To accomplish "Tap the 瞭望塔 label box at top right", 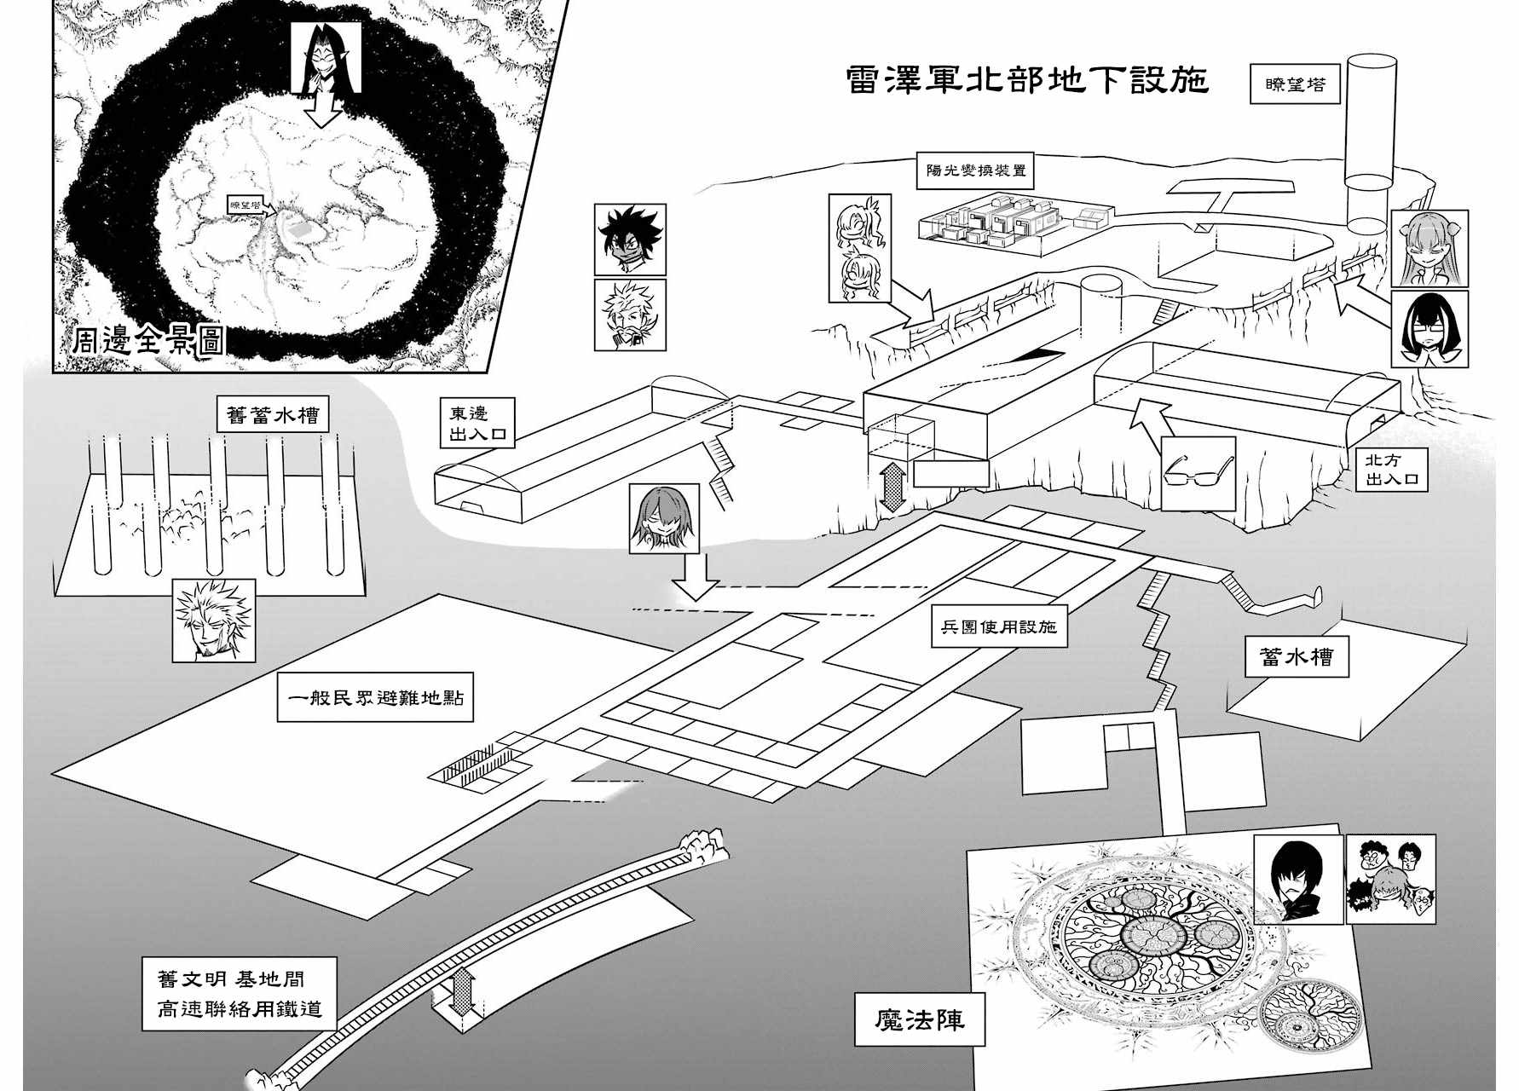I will [x=1294, y=84].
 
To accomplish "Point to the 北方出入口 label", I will [x=1391, y=470].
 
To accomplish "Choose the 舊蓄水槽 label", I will [x=273, y=415].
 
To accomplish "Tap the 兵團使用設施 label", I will [x=997, y=626].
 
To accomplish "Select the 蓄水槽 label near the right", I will [x=1296, y=657].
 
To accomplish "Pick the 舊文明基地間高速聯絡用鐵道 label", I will [x=240, y=994].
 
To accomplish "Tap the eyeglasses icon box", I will [x=1199, y=474].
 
